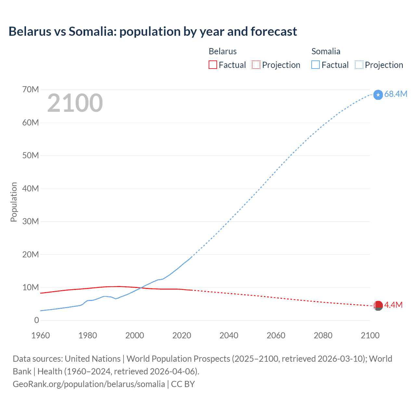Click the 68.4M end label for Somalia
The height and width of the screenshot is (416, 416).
click(x=396, y=94)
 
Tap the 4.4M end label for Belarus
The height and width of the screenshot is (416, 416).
click(x=393, y=305)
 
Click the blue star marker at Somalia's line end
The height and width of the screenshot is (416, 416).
click(x=378, y=95)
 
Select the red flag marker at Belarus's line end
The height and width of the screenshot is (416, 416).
click(x=378, y=305)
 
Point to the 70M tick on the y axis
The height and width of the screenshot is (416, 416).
click(x=31, y=89)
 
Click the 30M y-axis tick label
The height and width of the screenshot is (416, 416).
click(x=31, y=221)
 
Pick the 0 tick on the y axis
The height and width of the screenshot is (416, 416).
click(x=36, y=320)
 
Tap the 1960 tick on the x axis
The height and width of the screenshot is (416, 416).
click(x=41, y=335)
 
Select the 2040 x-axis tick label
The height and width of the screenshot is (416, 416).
click(x=229, y=335)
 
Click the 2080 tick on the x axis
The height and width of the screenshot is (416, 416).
click(x=323, y=335)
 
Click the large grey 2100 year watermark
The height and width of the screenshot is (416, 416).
click(x=75, y=103)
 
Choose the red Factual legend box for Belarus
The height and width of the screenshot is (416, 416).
click(x=213, y=65)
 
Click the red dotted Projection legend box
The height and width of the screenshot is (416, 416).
click(x=256, y=65)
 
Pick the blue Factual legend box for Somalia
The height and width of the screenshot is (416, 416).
click(x=316, y=65)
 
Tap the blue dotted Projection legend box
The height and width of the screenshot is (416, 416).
click(x=359, y=65)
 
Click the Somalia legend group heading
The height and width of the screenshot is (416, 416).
click(x=326, y=51)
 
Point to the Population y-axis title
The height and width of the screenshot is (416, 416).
click(x=14, y=202)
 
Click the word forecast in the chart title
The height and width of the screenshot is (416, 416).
click(x=274, y=32)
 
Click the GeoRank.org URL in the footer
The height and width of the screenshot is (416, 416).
click(x=89, y=384)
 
